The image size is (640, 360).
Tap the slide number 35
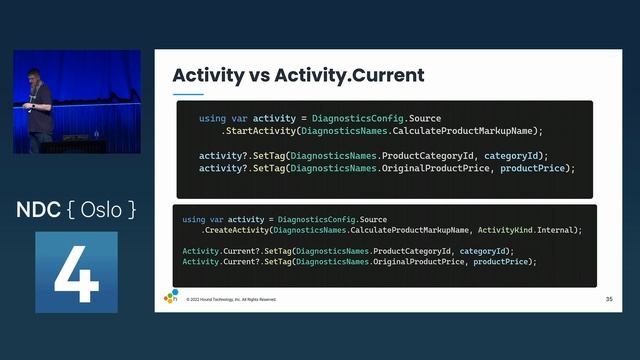coord(609,298)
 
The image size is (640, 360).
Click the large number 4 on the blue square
coord(76,271)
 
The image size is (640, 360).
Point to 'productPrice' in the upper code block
coord(536,168)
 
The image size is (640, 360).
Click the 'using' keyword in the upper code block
coord(212,119)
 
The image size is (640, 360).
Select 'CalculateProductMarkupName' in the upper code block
coord(466,131)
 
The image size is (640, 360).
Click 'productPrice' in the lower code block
coord(505,261)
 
